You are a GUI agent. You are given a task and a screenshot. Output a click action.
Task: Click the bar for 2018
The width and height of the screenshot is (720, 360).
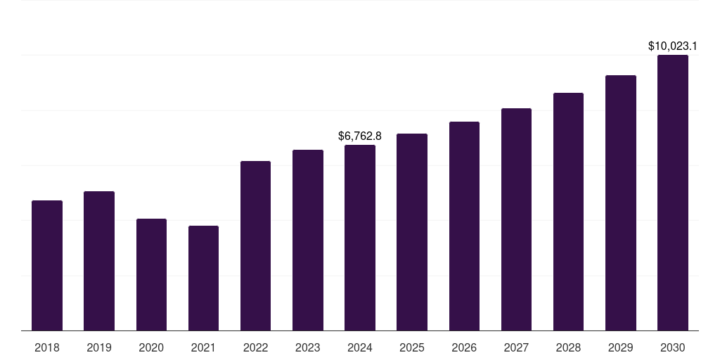point(47,265)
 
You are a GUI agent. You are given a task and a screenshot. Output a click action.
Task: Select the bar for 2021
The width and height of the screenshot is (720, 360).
point(203,278)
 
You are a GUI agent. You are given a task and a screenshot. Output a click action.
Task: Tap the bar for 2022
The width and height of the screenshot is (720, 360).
point(255,245)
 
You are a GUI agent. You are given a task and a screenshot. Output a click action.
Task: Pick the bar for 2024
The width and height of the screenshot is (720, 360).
point(360,238)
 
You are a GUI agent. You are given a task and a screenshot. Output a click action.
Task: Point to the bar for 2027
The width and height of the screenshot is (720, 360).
point(516,219)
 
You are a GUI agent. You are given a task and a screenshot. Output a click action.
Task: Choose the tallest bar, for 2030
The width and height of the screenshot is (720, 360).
point(673,193)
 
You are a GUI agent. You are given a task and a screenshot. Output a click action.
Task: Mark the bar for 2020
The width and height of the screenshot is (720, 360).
point(151,274)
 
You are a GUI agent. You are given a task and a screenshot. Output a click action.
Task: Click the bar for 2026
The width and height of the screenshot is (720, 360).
point(464,226)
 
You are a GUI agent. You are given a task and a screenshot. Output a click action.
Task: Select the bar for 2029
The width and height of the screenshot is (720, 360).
point(621,202)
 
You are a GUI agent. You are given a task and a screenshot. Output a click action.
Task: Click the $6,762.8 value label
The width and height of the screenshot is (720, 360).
point(360,136)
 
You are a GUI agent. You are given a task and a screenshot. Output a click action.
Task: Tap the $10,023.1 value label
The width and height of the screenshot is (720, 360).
point(672,46)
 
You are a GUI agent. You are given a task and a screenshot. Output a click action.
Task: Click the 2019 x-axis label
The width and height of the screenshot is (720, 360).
point(99,347)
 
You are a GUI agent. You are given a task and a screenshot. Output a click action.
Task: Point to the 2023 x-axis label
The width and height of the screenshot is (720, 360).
point(308,347)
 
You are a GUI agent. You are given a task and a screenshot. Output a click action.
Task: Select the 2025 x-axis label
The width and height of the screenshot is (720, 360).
point(412,347)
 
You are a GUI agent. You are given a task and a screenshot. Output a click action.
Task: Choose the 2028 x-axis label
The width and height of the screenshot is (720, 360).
point(568,347)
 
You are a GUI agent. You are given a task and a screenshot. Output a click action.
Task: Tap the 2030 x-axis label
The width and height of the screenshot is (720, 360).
point(673,347)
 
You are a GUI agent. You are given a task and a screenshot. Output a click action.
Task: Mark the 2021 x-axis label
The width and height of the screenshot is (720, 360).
point(203,347)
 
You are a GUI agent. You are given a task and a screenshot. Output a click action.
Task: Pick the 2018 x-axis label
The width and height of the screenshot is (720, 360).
point(47,347)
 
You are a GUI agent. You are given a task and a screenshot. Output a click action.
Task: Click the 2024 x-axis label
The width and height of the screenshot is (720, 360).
point(360,347)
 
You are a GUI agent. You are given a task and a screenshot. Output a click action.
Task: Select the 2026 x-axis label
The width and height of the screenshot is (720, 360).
point(464,347)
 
